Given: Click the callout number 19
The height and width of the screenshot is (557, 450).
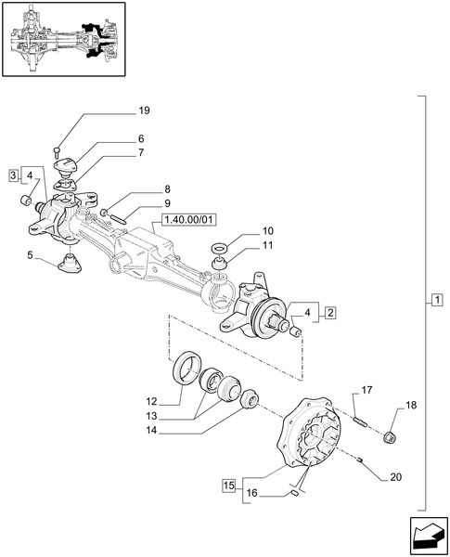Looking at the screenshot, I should pyautogui.click(x=144, y=111).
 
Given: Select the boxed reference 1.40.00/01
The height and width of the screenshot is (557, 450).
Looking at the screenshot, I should pyautogui.click(x=188, y=220).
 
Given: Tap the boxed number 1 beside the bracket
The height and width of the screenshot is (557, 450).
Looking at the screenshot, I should pyautogui.click(x=437, y=300).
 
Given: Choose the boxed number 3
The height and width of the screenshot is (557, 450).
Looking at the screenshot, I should pyautogui.click(x=14, y=175).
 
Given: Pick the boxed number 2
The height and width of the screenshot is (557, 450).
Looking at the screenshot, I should pyautogui.click(x=329, y=314).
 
